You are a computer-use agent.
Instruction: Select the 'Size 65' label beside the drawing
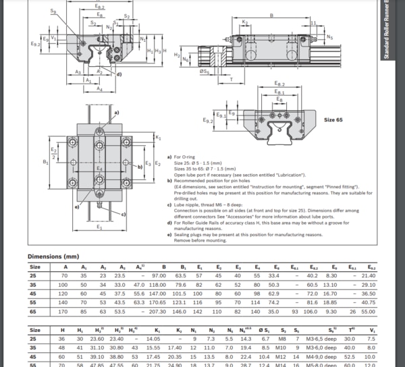(333, 119)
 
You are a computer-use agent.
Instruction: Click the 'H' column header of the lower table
(63, 329)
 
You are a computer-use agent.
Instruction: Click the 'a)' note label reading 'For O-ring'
(169, 157)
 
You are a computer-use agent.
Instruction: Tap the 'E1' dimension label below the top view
(99, 227)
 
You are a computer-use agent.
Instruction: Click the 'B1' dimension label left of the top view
(45, 163)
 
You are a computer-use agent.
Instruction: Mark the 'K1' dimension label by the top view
(158, 138)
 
